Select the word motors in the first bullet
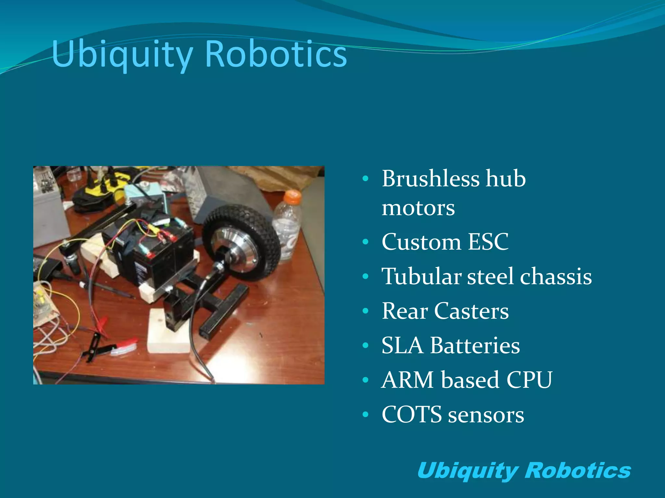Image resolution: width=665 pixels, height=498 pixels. pyautogui.click(x=418, y=208)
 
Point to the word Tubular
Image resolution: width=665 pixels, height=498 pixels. pyautogui.click(x=421, y=277)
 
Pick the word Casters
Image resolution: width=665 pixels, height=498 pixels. pyautogui.click(x=471, y=311)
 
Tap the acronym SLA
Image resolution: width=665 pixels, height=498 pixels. pyautogui.click(x=402, y=345)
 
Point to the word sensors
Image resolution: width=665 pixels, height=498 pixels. pyautogui.click(x=486, y=415)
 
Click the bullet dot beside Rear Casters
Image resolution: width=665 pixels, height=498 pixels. pyautogui.click(x=366, y=311)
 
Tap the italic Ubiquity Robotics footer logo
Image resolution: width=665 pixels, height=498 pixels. pyautogui.click(x=524, y=470)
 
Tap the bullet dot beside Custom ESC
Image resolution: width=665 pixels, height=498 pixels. pyautogui.click(x=366, y=242)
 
